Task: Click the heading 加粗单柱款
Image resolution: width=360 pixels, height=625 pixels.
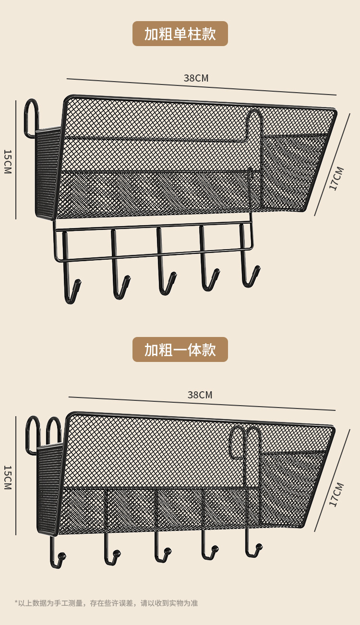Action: pyautogui.click(x=180, y=34)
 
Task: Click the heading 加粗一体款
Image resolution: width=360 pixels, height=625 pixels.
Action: pyautogui.click(x=180, y=350)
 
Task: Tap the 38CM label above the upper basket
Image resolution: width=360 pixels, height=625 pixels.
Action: pyautogui.click(x=196, y=78)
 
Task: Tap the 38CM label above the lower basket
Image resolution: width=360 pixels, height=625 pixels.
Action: pyautogui.click(x=200, y=395)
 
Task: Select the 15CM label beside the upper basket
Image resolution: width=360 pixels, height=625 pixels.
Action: pyautogui.click(x=8, y=161)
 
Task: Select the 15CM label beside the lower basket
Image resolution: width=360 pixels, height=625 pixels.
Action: pyautogui.click(x=8, y=477)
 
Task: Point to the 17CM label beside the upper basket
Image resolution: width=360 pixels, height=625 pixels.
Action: pyautogui.click(x=336, y=179)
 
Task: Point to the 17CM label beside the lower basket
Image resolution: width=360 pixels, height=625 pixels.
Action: pyautogui.click(x=336, y=494)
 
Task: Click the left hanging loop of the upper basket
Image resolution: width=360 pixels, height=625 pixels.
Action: pyautogui.click(x=31, y=115)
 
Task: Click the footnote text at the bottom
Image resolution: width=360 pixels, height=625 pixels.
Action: pyautogui.click(x=106, y=603)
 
